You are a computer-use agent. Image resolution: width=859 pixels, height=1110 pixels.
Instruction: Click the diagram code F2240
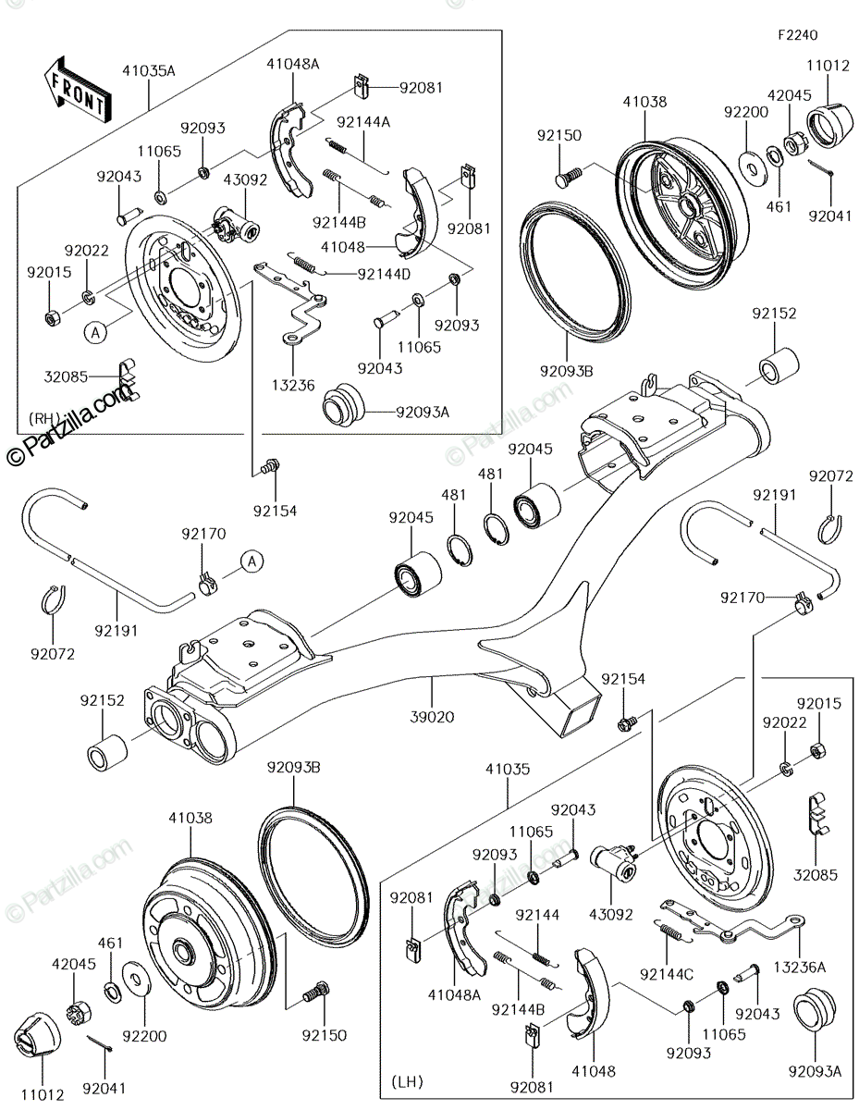coord(797,35)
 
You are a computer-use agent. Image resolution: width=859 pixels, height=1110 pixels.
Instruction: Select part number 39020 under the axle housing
coord(432,717)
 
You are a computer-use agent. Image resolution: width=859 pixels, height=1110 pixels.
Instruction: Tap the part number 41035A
coord(149,70)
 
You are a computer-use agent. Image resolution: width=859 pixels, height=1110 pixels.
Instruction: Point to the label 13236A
coord(799,967)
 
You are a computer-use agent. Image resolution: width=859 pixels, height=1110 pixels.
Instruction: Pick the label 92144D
coord(384,274)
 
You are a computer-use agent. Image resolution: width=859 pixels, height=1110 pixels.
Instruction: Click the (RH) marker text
coord(43,419)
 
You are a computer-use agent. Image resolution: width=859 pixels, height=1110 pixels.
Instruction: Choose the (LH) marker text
coord(407,1081)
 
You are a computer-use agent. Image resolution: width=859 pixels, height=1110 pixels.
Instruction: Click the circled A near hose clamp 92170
coord(252,561)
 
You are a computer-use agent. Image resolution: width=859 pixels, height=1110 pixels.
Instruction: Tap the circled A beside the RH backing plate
coord(95,333)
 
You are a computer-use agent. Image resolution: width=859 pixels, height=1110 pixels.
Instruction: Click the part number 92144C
coord(667,974)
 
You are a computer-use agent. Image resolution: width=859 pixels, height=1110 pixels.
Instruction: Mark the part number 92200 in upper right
coord(745,112)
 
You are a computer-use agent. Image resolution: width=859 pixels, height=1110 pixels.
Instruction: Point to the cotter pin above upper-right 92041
coord(821,168)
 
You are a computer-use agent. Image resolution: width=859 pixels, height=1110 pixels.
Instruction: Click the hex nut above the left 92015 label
coord(53,319)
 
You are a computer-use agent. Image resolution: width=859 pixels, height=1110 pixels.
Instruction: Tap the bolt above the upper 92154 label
coord(271,466)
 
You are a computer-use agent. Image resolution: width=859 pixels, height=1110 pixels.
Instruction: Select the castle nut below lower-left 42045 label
coord(80,1010)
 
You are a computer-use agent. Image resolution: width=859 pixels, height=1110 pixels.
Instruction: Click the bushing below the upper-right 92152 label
coord(779,364)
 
